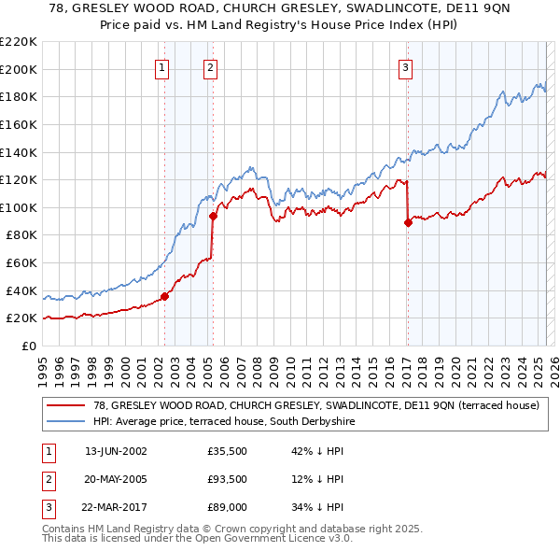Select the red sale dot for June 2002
(x=165, y=297)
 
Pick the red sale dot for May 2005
(x=213, y=217)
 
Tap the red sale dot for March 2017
(x=408, y=222)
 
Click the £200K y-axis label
(x=19, y=69)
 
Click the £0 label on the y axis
(x=28, y=346)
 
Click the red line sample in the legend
(x=65, y=406)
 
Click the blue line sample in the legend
(x=65, y=422)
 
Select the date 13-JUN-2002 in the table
(x=116, y=451)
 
